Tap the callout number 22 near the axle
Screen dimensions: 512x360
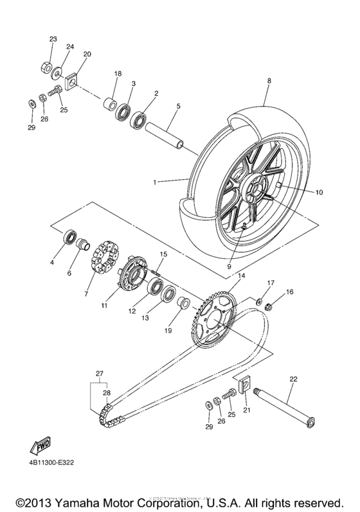(292, 380)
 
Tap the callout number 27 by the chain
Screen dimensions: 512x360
(100, 373)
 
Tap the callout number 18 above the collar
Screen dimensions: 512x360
(118, 74)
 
